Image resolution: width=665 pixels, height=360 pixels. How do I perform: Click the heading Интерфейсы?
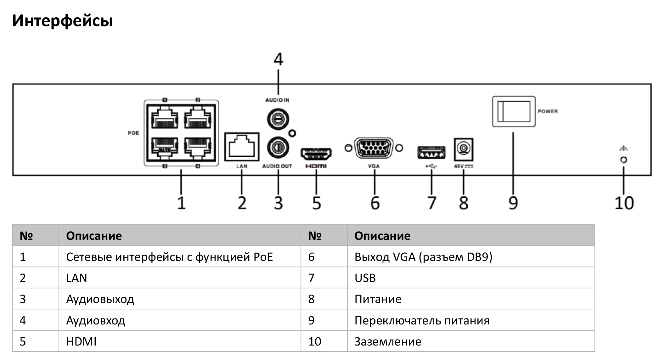tap(62, 21)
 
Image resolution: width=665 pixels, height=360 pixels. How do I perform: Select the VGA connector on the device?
tap(374, 148)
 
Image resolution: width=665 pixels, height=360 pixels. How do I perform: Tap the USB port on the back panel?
tap(431, 152)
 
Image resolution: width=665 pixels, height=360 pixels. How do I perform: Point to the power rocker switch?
tap(514, 112)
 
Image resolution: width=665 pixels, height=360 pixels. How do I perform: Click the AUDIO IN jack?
tap(278, 119)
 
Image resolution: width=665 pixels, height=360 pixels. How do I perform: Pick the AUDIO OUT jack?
tap(278, 147)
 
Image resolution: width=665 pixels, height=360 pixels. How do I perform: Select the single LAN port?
tap(241, 147)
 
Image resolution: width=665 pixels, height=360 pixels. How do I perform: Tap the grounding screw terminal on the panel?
tap(623, 160)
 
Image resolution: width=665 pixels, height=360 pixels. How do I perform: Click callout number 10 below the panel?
tap(624, 203)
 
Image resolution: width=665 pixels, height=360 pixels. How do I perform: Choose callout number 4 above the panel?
tap(278, 59)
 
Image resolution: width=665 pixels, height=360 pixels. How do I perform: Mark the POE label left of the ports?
tap(133, 133)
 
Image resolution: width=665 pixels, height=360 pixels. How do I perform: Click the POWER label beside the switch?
tap(548, 111)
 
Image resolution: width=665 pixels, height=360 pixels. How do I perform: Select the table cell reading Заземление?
tap(388, 341)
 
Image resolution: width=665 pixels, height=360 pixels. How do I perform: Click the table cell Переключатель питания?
tap(422, 320)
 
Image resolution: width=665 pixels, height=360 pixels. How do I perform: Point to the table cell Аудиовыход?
tap(100, 299)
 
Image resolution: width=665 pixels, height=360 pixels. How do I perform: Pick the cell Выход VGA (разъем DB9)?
tap(423, 257)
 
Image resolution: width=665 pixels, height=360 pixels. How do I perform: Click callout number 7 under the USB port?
tap(432, 203)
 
